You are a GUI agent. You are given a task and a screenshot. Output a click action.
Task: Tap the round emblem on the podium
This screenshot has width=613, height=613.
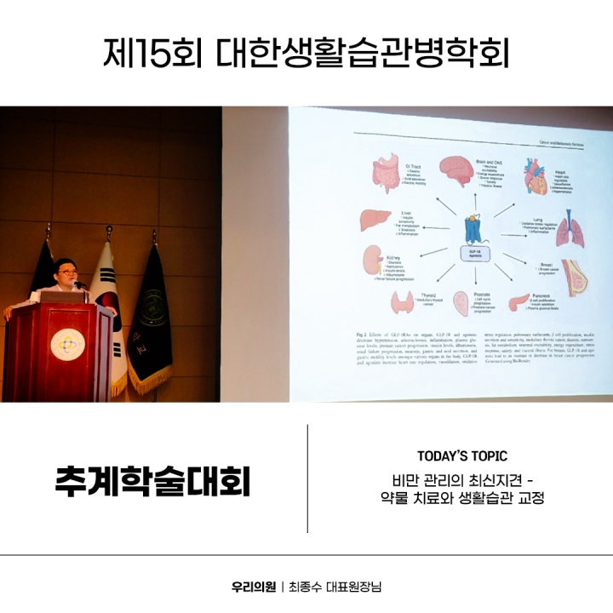pos(67,343)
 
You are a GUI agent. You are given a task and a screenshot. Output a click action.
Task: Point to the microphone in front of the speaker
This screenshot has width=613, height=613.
pos(80,285)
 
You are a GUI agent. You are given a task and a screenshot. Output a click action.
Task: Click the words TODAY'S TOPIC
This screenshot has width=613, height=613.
pos(462,456)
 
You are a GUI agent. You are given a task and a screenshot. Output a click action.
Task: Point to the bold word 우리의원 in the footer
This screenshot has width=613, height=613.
pos(253,587)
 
